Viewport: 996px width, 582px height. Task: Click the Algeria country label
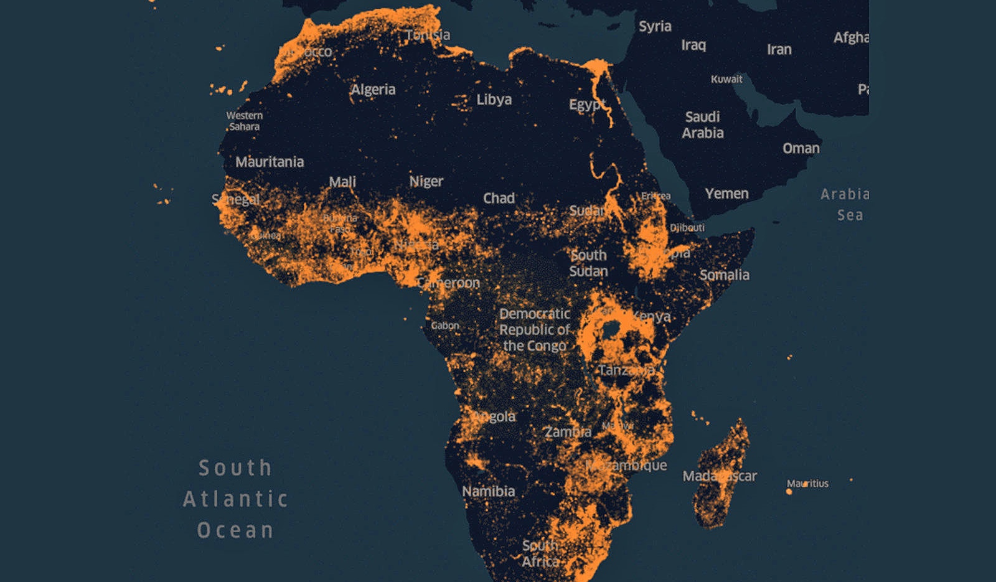pos(373,90)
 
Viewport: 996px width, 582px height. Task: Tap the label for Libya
pos(494,100)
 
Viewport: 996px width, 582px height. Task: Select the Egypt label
pos(586,105)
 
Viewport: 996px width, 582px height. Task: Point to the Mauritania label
pos(270,162)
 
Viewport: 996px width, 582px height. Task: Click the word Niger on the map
pos(426,181)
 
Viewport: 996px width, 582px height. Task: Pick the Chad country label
pos(499,198)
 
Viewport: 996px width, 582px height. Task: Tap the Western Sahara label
pos(244,121)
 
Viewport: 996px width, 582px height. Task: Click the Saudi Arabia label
pos(702,124)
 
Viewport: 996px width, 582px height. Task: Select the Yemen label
pos(726,194)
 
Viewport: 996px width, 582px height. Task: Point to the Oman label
pos(801,148)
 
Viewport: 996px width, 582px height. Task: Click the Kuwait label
pos(726,79)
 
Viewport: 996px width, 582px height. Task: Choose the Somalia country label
pos(724,275)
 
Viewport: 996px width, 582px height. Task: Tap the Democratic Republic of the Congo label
pos(535,330)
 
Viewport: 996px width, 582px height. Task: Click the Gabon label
pos(444,326)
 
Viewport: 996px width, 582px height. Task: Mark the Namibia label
pos(488,491)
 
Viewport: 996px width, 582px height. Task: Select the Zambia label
pos(567,431)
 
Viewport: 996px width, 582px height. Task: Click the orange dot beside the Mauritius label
pos(789,492)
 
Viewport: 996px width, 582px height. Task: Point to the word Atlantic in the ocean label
pos(235,499)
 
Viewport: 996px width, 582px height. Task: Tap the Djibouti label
pos(687,228)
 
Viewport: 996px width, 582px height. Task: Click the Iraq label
pos(693,45)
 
